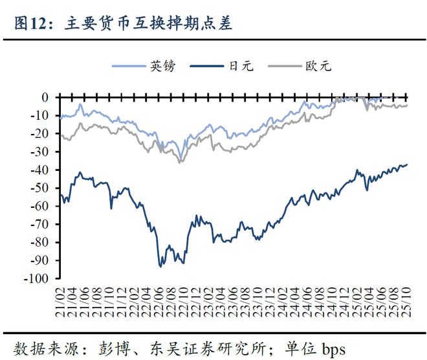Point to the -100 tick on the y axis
[37, 278]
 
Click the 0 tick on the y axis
[45, 97]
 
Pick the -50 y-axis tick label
[40, 188]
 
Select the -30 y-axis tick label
[40, 152]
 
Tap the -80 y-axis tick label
[40, 242]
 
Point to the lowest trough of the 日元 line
[160, 265]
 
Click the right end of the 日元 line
[408, 164]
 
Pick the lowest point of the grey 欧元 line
[180, 162]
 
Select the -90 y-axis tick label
[40, 260]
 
